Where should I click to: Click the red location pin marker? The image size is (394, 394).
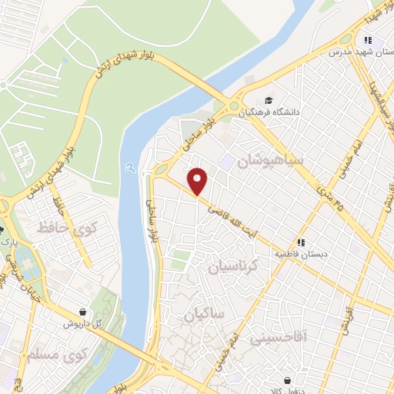pos(198,181)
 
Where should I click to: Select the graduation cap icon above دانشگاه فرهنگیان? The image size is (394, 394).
pos(268,100)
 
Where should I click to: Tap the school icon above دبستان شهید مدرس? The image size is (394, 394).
pos(369,40)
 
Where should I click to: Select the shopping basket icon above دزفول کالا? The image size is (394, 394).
pos(288,380)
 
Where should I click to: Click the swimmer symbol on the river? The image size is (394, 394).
pos(128,168)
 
